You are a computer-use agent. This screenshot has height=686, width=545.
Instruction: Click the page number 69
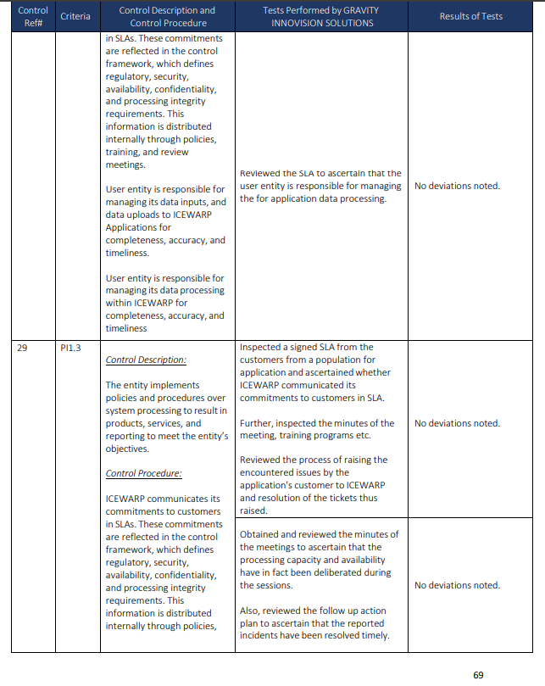(478, 675)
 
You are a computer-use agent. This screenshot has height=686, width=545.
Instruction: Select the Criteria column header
(75, 16)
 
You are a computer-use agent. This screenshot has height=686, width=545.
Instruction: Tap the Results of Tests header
(470, 16)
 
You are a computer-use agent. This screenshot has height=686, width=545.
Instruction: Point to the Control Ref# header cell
(33, 16)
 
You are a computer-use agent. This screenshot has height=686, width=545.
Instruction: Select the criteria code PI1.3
(70, 348)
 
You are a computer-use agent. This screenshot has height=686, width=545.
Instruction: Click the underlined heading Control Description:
(146, 360)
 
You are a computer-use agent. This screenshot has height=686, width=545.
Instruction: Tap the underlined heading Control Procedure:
(144, 473)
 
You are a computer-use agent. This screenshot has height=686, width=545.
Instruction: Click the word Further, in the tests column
(259, 423)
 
